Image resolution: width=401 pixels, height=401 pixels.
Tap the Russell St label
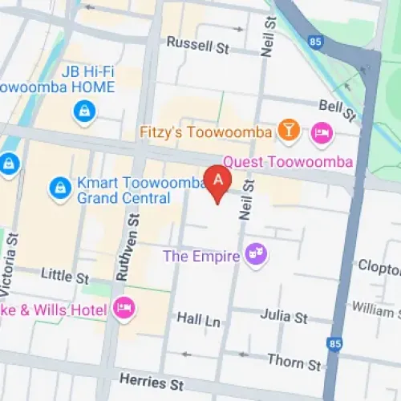coord(196,47)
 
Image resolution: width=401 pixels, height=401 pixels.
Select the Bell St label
coord(336,105)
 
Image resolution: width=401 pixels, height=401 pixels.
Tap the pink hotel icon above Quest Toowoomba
coord(322,131)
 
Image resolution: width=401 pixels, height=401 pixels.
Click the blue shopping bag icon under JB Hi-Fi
coord(82,112)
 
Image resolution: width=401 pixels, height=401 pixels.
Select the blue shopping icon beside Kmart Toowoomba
coord(59,188)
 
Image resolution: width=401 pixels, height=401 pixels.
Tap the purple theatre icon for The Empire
coord(257,256)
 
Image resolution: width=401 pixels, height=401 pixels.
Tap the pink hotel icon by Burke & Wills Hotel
coord(123,307)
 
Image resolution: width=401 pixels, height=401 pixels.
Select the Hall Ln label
coord(198,319)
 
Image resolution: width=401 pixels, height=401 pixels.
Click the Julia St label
coord(284,318)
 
